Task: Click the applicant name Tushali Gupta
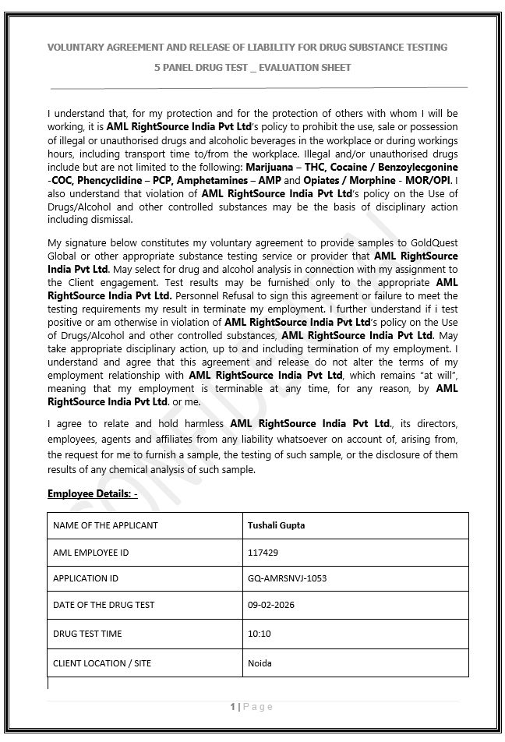pos(276,525)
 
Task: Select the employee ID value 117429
pos(263,553)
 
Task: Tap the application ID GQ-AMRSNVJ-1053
pos(287,578)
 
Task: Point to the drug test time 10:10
pos(259,634)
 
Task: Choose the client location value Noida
pos(260,663)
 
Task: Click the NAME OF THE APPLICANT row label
pos(105,525)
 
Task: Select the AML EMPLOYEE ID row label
pos(90,553)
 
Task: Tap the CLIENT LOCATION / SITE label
pos(102,663)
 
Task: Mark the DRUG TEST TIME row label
pos(87,634)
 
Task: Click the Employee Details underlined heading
pos(92,494)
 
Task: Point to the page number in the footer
pos(233,707)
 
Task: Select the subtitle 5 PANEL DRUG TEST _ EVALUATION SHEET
pos(252,68)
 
